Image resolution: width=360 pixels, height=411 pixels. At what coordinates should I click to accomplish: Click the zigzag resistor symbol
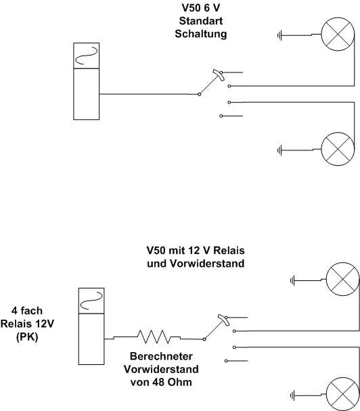click(x=154, y=337)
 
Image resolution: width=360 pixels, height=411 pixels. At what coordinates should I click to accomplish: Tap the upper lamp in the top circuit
click(x=338, y=34)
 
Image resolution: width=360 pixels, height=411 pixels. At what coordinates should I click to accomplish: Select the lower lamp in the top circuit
click(x=338, y=149)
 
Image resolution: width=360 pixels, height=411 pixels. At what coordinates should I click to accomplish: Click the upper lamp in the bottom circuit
click(x=342, y=279)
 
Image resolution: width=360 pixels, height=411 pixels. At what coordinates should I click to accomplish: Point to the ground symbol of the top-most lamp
click(x=279, y=35)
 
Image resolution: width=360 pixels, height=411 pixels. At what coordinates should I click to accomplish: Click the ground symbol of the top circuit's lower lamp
click(x=279, y=150)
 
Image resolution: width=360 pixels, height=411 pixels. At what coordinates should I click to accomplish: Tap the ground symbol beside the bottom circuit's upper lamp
click(x=292, y=281)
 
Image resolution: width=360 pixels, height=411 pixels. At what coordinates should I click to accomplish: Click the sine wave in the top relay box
click(x=86, y=56)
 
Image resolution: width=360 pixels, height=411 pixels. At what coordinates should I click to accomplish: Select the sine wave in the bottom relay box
click(x=91, y=301)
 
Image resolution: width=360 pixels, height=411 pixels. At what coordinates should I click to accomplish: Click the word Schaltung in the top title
click(x=201, y=34)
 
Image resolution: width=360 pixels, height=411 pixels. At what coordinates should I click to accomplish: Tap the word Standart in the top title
click(x=201, y=21)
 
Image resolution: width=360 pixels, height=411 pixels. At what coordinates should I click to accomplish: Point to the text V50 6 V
click(x=201, y=8)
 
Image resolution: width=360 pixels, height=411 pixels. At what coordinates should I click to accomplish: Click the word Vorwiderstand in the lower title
click(x=207, y=263)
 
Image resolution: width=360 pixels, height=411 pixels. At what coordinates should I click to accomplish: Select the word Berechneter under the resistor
click(x=161, y=356)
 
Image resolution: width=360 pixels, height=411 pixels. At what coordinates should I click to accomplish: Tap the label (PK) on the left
click(x=27, y=337)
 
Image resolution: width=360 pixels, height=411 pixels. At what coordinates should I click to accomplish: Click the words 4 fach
click(x=26, y=311)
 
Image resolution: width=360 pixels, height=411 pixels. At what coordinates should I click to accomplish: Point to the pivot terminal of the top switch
click(x=199, y=94)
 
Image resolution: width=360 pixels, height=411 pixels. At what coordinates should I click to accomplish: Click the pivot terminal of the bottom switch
click(x=204, y=339)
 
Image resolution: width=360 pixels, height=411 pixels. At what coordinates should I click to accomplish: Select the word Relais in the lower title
click(x=229, y=251)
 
